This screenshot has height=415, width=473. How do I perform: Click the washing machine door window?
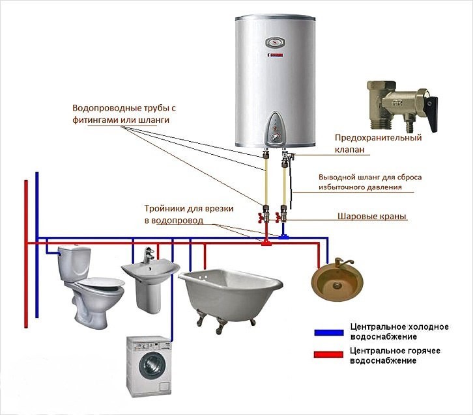[x=152, y=366]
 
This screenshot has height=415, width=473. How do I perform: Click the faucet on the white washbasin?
[x=148, y=255]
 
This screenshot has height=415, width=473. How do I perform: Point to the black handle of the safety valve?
[x=433, y=114]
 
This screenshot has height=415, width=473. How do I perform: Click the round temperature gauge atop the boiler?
[x=275, y=42]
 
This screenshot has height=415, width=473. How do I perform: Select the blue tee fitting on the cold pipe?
[x=283, y=237]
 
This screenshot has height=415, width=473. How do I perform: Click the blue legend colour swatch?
[x=329, y=332]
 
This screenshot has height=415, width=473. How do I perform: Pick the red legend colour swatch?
[x=328, y=355]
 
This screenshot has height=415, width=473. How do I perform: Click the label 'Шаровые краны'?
[x=371, y=216]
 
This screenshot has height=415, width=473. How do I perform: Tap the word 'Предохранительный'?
[x=378, y=138]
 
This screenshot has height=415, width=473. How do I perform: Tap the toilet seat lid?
[x=102, y=282]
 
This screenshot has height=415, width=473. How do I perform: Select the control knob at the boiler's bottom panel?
[x=275, y=137]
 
